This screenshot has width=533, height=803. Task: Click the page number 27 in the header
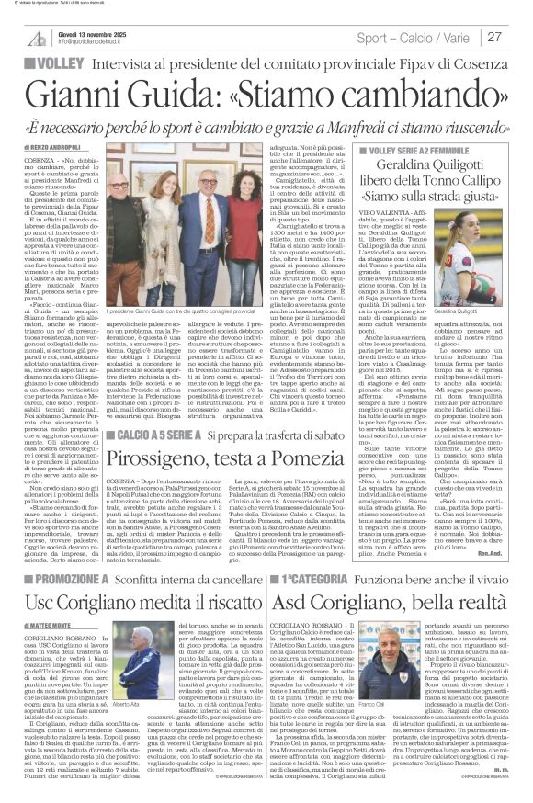tap(494, 37)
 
